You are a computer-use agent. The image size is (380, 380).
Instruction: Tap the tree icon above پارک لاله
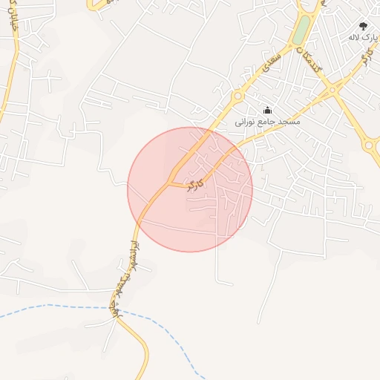[363, 25]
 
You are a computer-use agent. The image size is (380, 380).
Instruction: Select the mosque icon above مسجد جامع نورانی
[267, 110]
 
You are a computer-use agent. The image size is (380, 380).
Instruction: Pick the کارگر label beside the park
[364, 57]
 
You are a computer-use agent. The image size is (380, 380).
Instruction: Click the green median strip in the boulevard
[301, 30]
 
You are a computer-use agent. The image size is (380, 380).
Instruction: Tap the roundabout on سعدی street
[238, 96]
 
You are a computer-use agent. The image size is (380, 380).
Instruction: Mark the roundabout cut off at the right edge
[369, 145]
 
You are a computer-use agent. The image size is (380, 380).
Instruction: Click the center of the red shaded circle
[190, 189]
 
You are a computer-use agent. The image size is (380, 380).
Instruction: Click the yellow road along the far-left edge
[7, 89]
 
